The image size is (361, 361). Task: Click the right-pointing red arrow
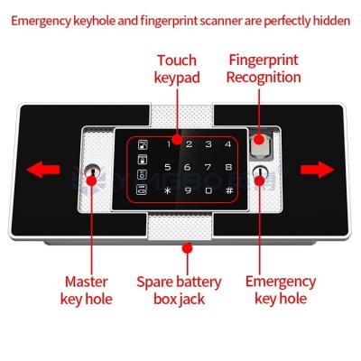click(318, 169)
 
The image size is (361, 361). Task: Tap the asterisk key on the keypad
click(167, 190)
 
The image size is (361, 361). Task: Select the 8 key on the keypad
click(229, 167)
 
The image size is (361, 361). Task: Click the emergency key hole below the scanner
click(260, 175)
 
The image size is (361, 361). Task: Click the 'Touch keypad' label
click(177, 69)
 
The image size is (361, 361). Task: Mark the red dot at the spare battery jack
click(188, 246)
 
